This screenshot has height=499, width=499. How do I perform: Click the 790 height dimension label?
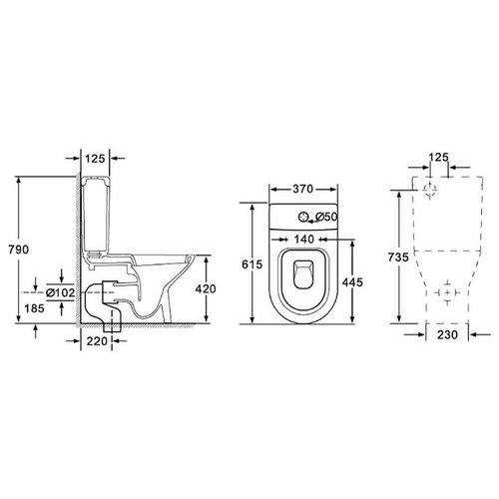(x=19, y=249)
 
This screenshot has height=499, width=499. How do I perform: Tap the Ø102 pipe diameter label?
(x=60, y=292)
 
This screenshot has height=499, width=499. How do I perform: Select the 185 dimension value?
(x=34, y=308)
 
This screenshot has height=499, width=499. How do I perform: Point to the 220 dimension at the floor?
(x=97, y=341)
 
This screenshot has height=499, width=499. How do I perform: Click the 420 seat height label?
(x=206, y=288)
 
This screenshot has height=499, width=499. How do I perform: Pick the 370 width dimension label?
(x=303, y=189)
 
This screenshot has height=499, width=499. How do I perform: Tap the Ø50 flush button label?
(x=326, y=217)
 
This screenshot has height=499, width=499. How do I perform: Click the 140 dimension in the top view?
(x=304, y=240)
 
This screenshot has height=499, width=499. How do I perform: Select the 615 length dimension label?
(x=251, y=264)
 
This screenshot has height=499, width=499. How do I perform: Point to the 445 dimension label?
(x=352, y=282)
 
